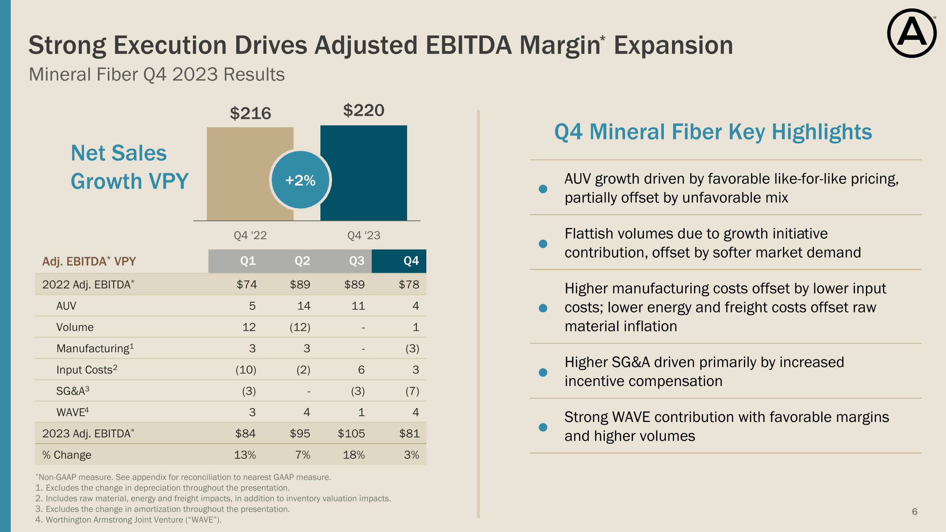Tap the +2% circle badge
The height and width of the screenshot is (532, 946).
301,180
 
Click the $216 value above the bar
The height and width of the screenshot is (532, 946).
250,113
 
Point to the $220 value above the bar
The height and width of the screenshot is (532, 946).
364,110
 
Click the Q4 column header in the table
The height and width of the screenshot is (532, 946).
411,261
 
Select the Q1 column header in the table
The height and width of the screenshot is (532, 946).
248,261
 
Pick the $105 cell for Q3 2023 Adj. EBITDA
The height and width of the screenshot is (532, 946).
352,433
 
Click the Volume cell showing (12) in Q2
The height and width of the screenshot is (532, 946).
300,327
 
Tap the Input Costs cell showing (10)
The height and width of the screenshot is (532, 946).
246,370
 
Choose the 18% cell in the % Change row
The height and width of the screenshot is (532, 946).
354,455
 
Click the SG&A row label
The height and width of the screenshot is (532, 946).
72,391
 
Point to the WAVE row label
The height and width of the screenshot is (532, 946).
72,412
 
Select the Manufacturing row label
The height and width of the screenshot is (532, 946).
95,348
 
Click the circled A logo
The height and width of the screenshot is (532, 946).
912,33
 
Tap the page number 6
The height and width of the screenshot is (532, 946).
914,512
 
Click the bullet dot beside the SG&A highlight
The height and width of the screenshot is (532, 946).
543,372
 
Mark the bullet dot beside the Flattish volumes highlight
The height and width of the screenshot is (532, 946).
543,244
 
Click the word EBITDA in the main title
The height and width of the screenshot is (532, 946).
469,45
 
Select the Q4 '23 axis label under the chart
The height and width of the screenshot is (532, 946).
364,235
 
